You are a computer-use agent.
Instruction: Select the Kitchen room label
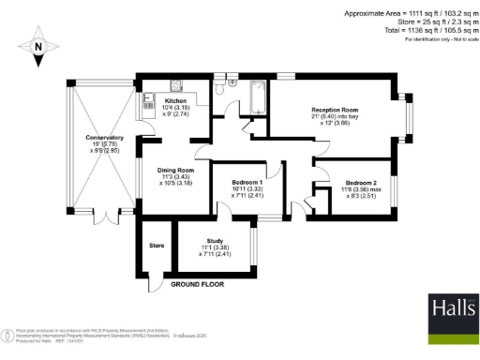tap(176, 100)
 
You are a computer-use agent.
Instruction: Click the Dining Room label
tap(177, 170)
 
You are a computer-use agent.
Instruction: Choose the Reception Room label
tap(337, 111)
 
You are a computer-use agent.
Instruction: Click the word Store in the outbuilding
tap(157, 247)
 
